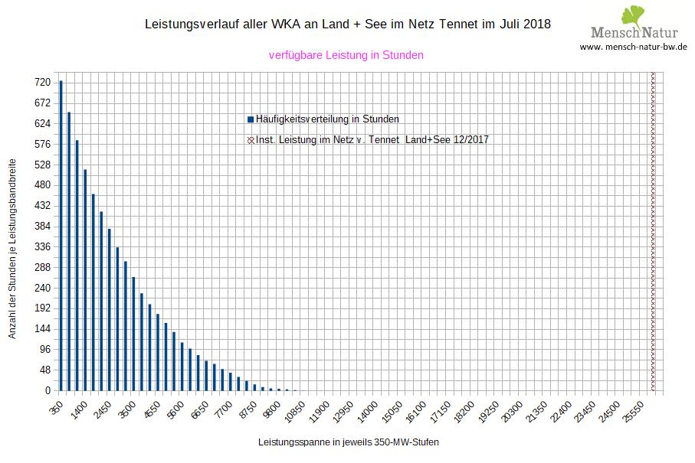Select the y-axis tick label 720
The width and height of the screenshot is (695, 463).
click(42, 82)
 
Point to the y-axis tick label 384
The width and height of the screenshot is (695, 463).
click(42, 226)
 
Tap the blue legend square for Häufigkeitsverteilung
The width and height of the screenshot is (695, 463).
click(251, 119)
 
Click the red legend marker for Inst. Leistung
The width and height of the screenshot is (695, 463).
click(251, 140)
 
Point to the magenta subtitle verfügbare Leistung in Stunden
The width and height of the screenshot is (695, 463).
click(346, 55)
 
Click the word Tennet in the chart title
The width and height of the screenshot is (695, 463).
click(459, 24)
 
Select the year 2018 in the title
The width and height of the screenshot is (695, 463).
click(536, 24)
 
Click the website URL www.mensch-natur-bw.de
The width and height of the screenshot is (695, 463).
click(633, 47)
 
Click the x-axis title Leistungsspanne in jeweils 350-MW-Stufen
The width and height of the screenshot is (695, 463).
click(349, 442)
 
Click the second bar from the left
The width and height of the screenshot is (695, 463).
click(69, 252)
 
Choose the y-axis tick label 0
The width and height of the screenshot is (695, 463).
click(48, 390)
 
